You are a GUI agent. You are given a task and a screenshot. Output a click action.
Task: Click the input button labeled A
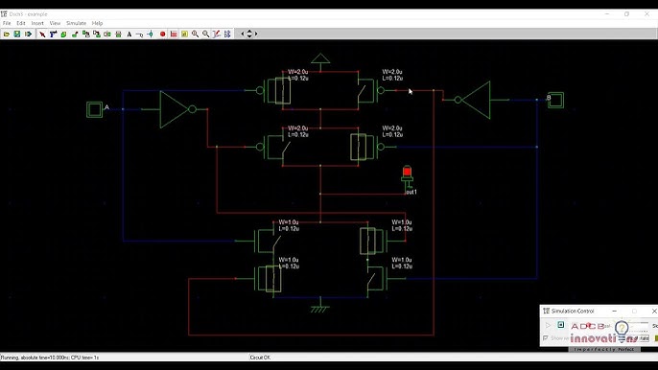tap(94, 108)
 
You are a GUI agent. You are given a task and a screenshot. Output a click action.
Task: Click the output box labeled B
tap(554, 99)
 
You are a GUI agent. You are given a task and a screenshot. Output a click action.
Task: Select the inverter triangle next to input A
tap(174, 108)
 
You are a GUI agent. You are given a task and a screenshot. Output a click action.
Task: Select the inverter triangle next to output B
tap(475, 98)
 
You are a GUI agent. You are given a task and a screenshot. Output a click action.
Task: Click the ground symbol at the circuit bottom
tap(320, 309)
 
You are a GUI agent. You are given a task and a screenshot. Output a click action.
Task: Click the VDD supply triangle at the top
tap(321, 58)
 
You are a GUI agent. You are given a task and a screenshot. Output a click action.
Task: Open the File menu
tap(7, 23)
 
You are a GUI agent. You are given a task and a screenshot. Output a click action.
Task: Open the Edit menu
tap(20, 23)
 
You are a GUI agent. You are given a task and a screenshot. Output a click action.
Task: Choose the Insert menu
tap(36, 23)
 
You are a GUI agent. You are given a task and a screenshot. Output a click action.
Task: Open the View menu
tap(54, 23)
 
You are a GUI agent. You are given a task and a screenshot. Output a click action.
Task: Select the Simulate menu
tap(75, 23)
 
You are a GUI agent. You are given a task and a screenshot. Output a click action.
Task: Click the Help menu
tap(97, 23)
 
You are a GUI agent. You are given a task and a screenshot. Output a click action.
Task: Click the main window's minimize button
tap(608, 13)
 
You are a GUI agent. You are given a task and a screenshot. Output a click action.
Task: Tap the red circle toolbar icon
tap(163, 34)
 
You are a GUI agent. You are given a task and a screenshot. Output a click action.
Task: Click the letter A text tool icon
tap(129, 34)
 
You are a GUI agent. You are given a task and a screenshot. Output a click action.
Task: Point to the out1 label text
tap(411, 192)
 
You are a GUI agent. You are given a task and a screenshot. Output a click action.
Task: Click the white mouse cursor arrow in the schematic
tap(410, 91)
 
